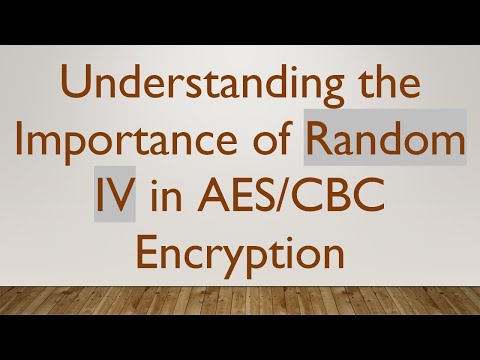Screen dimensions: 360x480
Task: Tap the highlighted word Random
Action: tap(386, 150)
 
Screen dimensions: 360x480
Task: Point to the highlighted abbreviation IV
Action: tap(116, 199)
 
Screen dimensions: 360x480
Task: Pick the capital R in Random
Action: tap(323, 150)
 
